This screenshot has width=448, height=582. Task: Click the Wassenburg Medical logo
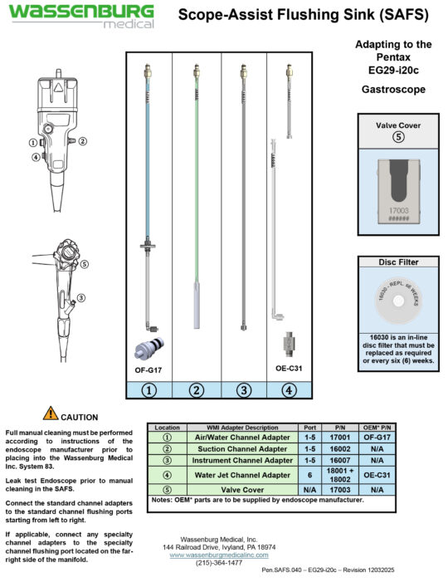[x=82, y=16]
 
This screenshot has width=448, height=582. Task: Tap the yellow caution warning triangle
[x=51, y=413]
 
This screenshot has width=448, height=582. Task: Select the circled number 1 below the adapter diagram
[x=149, y=389]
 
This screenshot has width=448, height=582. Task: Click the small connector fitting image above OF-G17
[x=149, y=346]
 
